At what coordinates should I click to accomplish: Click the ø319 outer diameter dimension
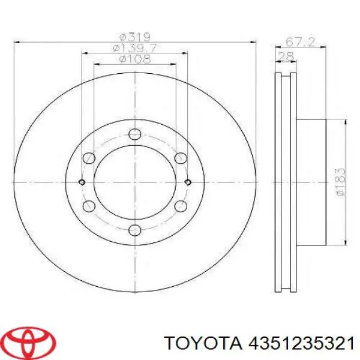(x=135, y=36)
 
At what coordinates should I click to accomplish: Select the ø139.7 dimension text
(x=134, y=47)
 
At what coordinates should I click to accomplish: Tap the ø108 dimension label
(x=134, y=59)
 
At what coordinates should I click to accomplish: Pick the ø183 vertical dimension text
(x=340, y=181)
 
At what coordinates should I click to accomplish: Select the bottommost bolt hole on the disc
(x=135, y=230)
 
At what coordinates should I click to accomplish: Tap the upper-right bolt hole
(x=181, y=158)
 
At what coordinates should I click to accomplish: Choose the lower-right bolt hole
(x=181, y=206)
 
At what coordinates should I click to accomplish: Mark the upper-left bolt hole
(x=89, y=158)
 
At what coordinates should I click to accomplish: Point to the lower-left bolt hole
(x=89, y=206)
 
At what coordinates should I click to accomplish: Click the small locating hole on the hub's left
(x=82, y=182)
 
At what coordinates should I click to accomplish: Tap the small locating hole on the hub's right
(x=188, y=182)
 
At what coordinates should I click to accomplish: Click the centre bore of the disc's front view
(x=135, y=182)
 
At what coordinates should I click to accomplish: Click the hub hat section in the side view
(x=311, y=182)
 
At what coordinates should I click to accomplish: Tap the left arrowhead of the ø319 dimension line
(x=17, y=42)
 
